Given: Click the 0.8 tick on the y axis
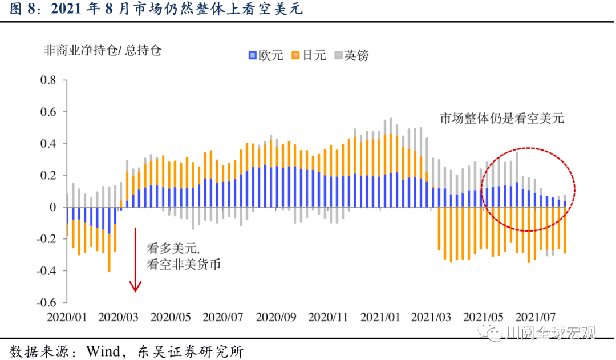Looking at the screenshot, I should (x=48, y=80).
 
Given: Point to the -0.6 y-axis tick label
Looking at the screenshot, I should (x=46, y=302).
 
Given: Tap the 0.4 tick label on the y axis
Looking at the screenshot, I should (x=48, y=144).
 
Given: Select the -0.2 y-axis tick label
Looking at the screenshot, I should (x=46, y=239).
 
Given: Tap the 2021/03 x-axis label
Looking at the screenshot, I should (x=431, y=315).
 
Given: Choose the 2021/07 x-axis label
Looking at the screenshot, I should (x=536, y=315).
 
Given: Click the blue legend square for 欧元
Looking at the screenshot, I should (x=252, y=56).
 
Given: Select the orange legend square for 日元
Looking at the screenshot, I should (x=295, y=56).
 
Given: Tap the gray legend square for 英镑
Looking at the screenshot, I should (x=338, y=56).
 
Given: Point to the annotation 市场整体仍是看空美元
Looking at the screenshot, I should (x=501, y=119).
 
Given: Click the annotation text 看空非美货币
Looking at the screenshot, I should (x=184, y=265).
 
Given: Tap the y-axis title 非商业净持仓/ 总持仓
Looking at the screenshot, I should (x=103, y=50).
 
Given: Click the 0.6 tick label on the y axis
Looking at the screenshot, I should (x=48, y=112).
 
